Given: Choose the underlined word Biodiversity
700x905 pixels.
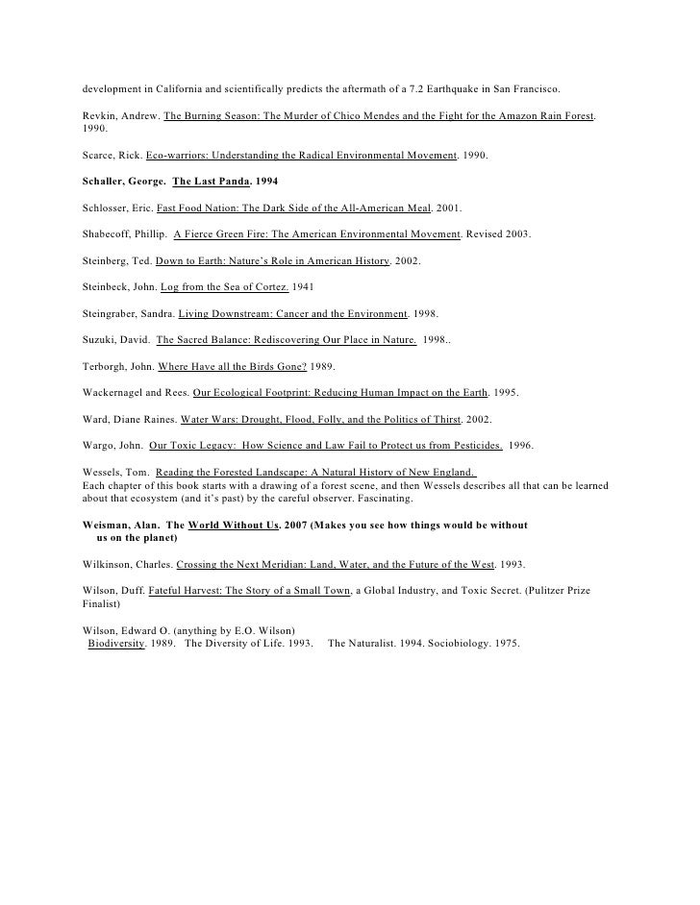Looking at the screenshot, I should [x=116, y=644].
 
